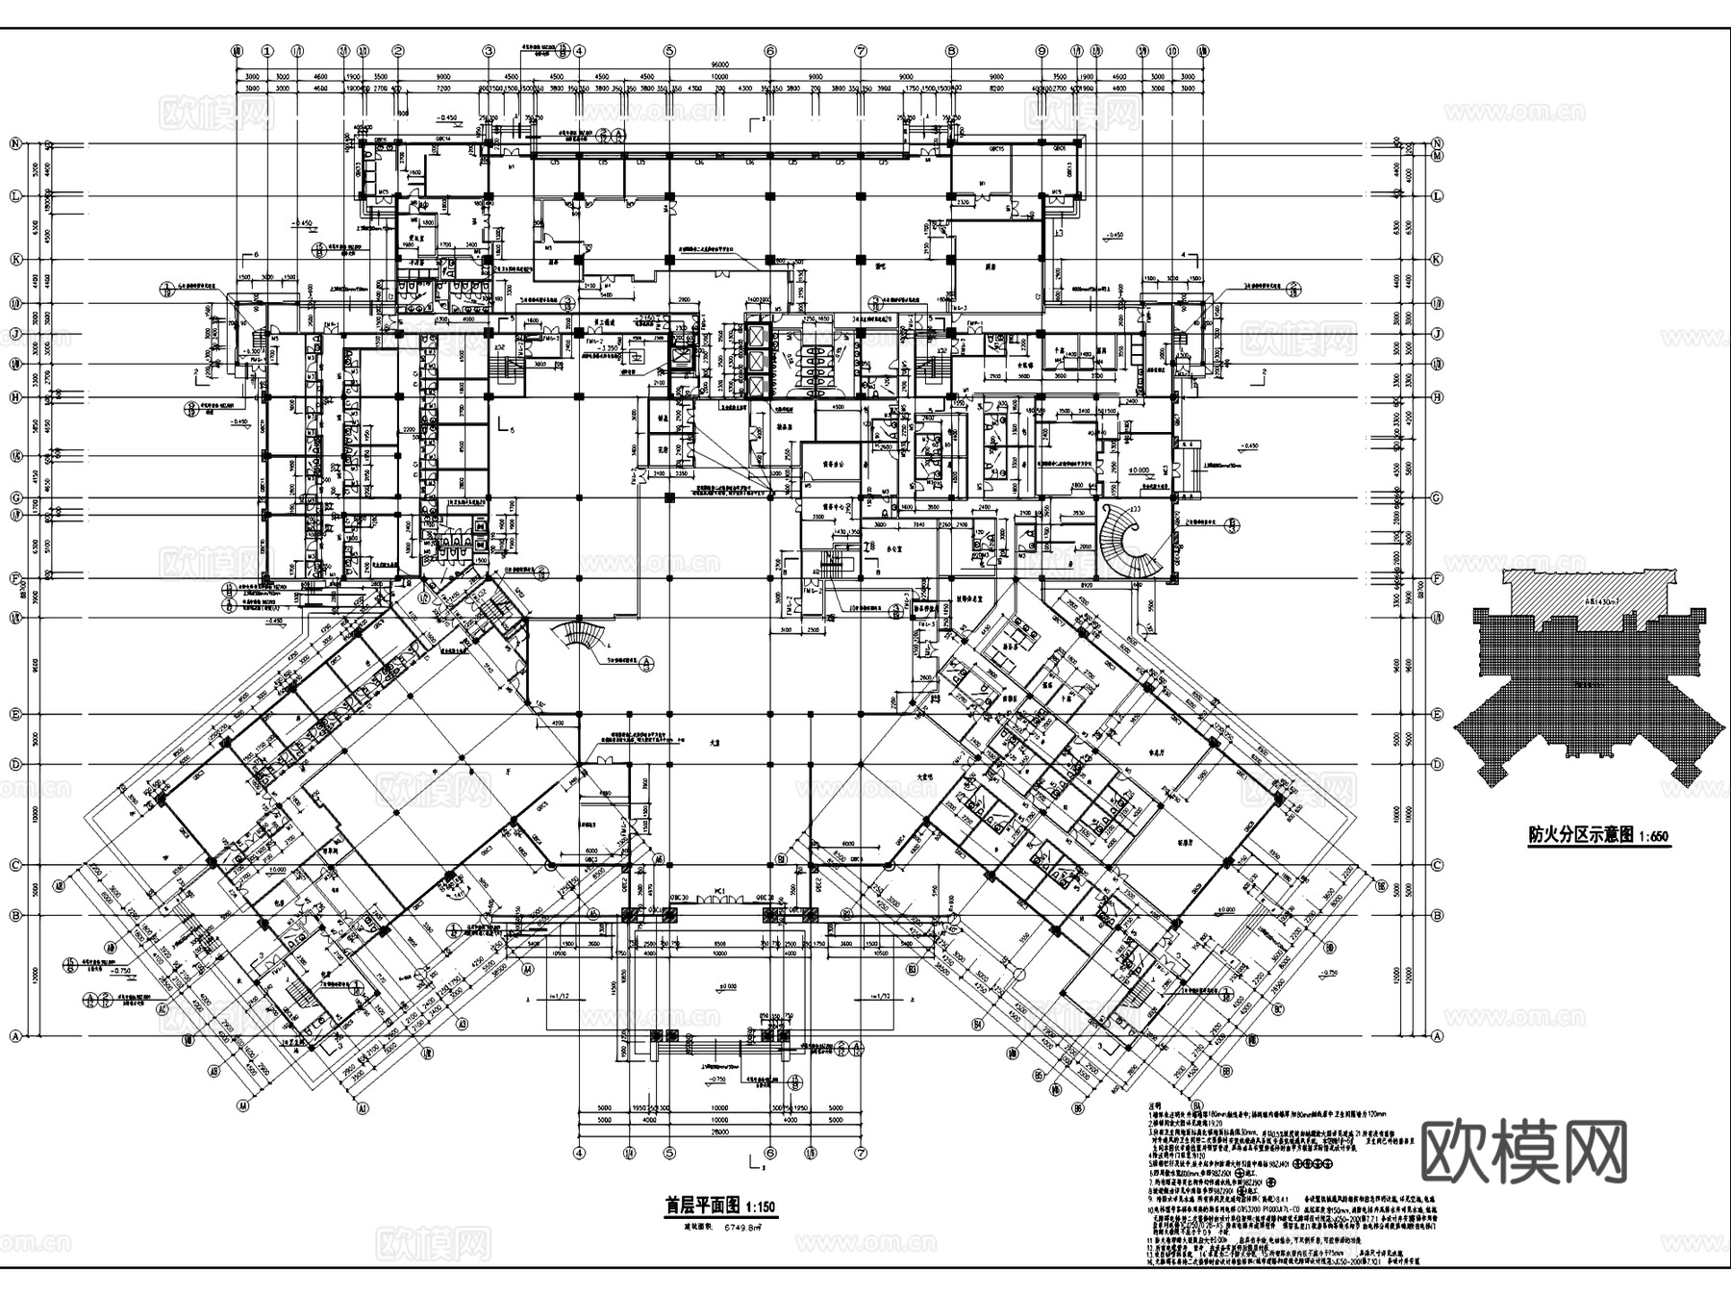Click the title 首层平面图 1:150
(x=720, y=1206)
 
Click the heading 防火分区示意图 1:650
(x=1598, y=835)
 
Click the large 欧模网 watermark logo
(x=1523, y=1151)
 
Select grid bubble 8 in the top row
(x=951, y=51)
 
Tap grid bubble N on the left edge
(x=15, y=144)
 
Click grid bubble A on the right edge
(x=1438, y=1036)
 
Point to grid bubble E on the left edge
(x=15, y=715)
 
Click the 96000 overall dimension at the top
(x=719, y=64)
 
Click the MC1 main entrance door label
(x=719, y=892)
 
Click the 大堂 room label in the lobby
(x=715, y=743)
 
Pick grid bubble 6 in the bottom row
(x=769, y=1152)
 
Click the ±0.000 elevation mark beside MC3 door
(x=1141, y=471)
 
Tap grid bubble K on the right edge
(x=1438, y=260)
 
